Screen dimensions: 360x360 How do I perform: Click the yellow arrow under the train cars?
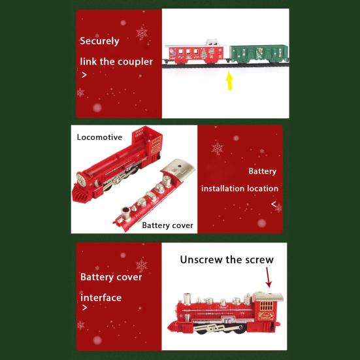click(x=229, y=81)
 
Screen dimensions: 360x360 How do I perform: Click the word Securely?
click(x=99, y=41)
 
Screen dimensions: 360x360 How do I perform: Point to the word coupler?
click(x=136, y=61)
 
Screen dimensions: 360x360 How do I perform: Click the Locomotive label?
click(x=99, y=137)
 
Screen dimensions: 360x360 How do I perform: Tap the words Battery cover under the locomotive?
click(x=168, y=225)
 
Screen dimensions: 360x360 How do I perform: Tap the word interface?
click(x=101, y=298)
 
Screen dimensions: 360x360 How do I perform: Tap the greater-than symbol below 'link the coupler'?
click(x=83, y=75)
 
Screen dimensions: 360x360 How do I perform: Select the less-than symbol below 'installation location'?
click(x=274, y=204)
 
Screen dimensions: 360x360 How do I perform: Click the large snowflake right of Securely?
click(x=142, y=33)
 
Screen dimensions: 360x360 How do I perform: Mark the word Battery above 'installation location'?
click(x=262, y=171)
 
